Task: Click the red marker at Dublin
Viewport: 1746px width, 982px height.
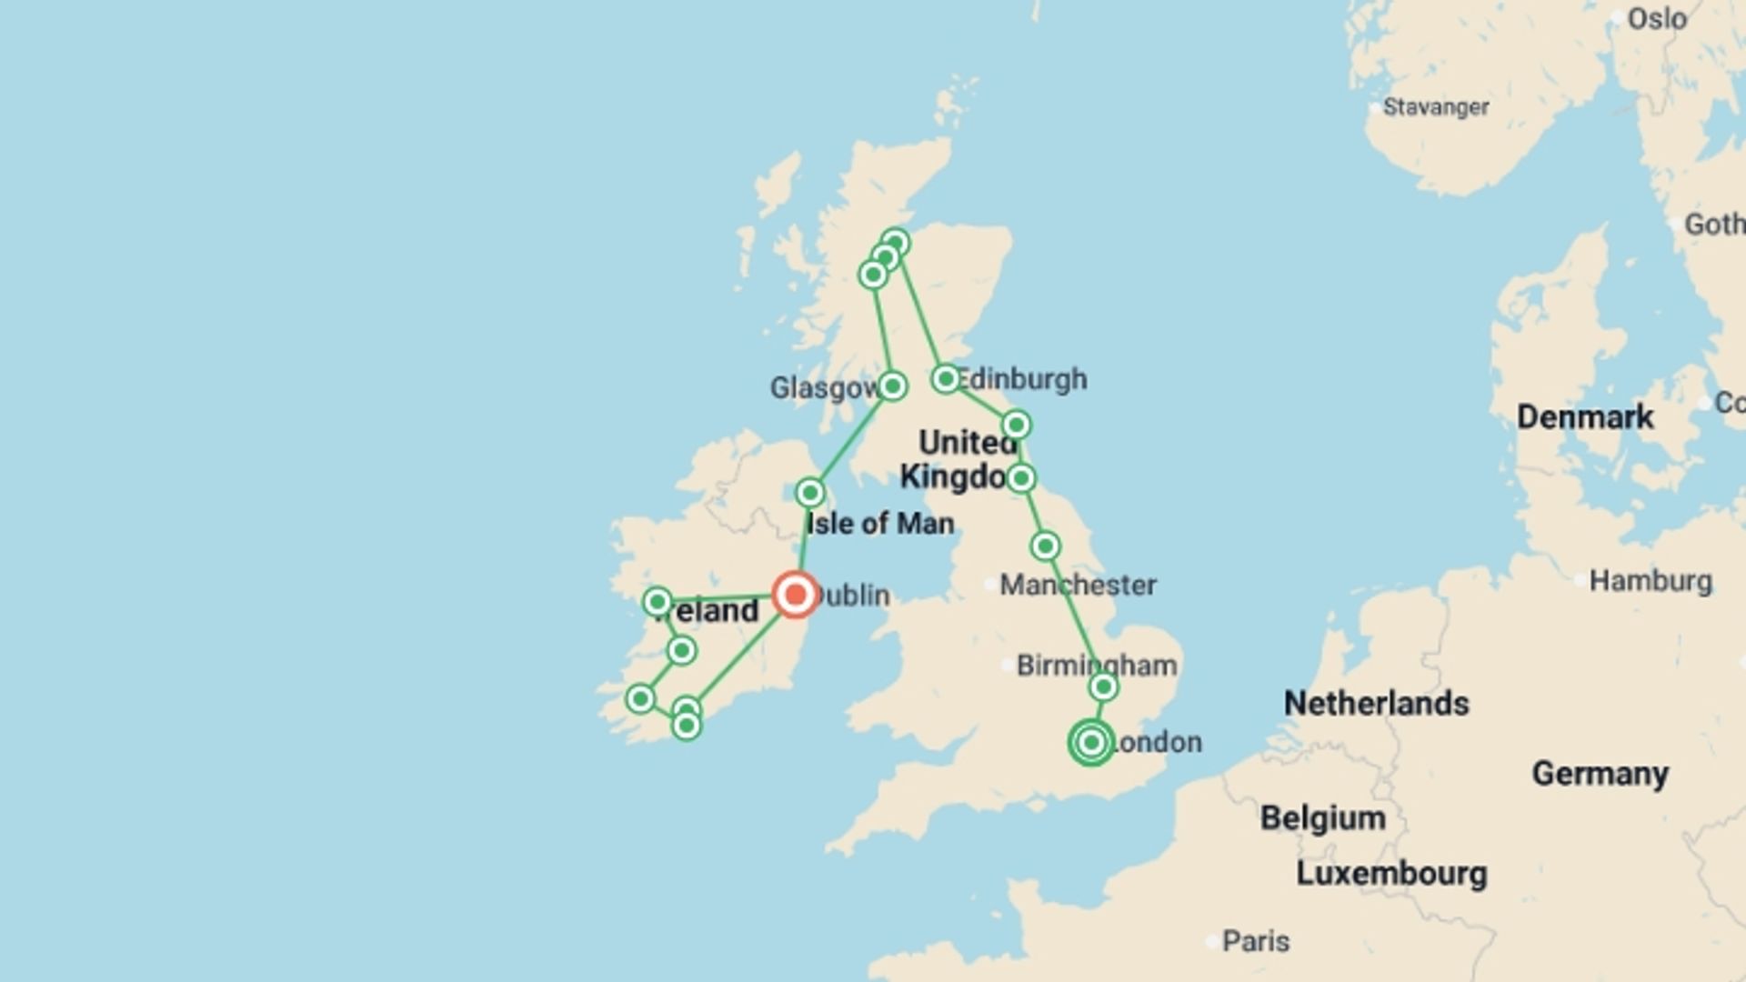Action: point(796,595)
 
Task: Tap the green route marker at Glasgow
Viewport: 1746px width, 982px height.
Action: point(892,386)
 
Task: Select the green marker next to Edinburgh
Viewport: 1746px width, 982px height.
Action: point(946,378)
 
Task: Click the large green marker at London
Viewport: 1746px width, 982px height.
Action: point(1091,742)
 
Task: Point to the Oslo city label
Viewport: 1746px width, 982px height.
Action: point(1657,19)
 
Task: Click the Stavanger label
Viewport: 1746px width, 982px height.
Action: point(1436,107)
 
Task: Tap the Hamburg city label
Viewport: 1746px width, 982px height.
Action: point(1650,580)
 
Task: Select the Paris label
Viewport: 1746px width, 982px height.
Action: point(1255,941)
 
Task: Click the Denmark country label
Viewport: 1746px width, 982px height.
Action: point(1585,417)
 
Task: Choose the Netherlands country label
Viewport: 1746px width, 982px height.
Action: point(1376,703)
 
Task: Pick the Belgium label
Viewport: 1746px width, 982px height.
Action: point(1323,818)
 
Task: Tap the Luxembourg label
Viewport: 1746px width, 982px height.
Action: point(1391,874)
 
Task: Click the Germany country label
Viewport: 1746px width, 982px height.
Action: point(1600,774)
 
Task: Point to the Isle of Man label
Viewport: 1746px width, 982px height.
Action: point(880,524)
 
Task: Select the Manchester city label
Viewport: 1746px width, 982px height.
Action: point(1079,585)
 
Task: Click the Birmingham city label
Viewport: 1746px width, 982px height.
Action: point(1096,666)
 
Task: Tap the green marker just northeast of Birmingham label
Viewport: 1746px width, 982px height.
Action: point(1103,686)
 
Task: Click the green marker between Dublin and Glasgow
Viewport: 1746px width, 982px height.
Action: point(810,493)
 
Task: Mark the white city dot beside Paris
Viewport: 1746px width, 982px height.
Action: point(1211,942)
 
